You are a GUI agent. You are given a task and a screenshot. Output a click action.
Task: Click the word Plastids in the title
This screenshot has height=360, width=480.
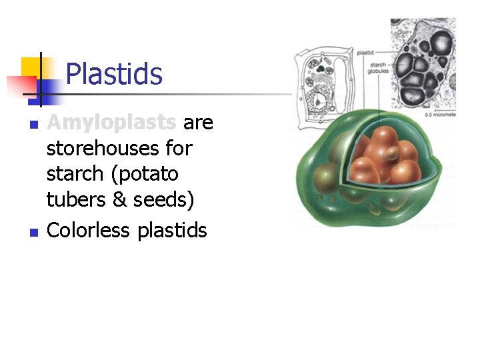pos(114,74)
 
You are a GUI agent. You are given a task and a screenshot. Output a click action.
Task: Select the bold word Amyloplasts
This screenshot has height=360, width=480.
pos(111,123)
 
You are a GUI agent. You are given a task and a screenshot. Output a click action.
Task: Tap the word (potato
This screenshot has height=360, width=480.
pos(146,174)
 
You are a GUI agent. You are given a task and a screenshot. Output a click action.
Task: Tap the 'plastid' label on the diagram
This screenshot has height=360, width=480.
pos(366,51)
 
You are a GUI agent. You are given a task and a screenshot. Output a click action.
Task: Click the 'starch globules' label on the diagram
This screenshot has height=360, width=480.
pos(379,68)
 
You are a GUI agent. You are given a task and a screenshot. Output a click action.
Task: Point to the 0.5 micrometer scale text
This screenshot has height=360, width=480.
pos(441,115)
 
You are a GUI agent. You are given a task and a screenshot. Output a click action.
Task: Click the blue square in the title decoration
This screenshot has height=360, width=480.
pos(47,88)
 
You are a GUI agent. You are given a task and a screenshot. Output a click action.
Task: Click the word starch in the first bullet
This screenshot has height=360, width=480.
pos(73,174)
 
